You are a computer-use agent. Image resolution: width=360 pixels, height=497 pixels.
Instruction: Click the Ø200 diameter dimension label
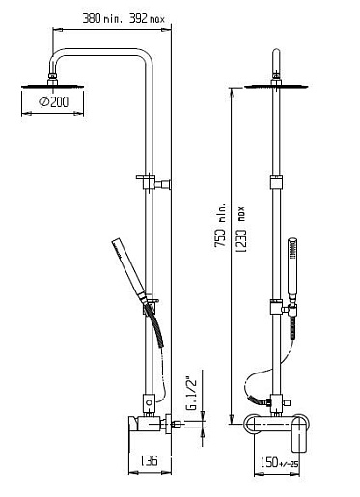coord(53,102)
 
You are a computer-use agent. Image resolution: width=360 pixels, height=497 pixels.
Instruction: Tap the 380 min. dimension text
coord(102,18)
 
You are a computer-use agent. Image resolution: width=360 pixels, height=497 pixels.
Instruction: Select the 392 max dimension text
coord(147,18)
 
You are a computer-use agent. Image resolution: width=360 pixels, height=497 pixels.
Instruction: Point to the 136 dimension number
coord(150,460)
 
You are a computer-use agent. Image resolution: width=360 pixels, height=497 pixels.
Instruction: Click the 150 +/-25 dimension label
coord(279,462)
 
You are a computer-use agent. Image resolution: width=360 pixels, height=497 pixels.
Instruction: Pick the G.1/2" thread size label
coord(192,395)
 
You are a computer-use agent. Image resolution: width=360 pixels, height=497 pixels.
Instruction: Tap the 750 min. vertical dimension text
coord(221,225)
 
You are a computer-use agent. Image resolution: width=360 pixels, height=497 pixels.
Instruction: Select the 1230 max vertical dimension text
coord(241,230)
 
